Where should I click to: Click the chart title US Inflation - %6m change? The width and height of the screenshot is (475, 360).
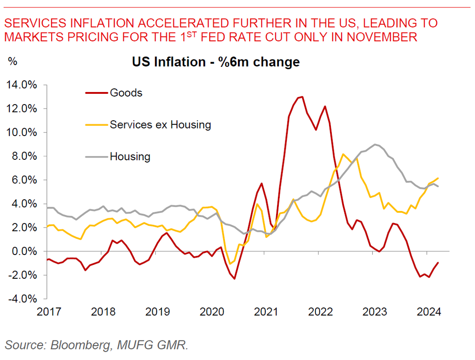(x=216, y=62)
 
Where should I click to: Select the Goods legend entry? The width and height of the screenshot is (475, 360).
(x=126, y=92)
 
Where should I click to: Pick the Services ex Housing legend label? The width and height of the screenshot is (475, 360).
(x=160, y=124)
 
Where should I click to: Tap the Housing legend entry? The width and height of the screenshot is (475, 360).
(x=130, y=157)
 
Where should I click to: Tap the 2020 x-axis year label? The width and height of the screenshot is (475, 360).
(x=211, y=311)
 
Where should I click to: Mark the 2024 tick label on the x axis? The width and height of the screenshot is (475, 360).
(x=429, y=311)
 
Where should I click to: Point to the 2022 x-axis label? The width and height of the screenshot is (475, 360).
(x=320, y=311)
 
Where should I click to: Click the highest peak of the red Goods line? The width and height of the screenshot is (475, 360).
(x=302, y=97)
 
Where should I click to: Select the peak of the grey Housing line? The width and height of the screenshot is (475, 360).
(x=375, y=144)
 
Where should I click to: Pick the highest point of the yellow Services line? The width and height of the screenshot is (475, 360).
(x=343, y=154)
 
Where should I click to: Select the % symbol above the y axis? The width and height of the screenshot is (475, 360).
(x=13, y=60)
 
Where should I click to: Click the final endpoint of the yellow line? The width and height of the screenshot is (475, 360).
(x=438, y=178)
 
